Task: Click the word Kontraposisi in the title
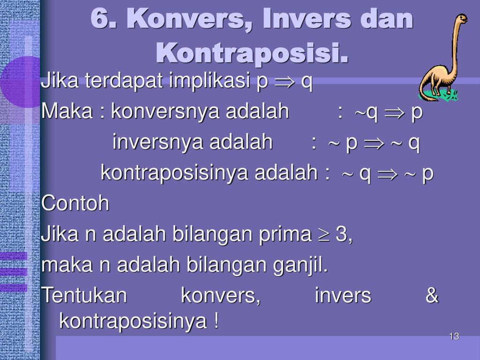pos(252,52)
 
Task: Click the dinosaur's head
pos(461,18)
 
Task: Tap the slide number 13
pos(454,337)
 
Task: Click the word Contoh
pos(75,203)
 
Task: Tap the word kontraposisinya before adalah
pos(175,172)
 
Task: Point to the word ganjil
pos(300,265)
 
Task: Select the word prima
pos(285,234)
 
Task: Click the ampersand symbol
pos(432,295)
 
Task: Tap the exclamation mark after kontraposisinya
pos(216,320)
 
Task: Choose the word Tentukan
pos(84,295)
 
